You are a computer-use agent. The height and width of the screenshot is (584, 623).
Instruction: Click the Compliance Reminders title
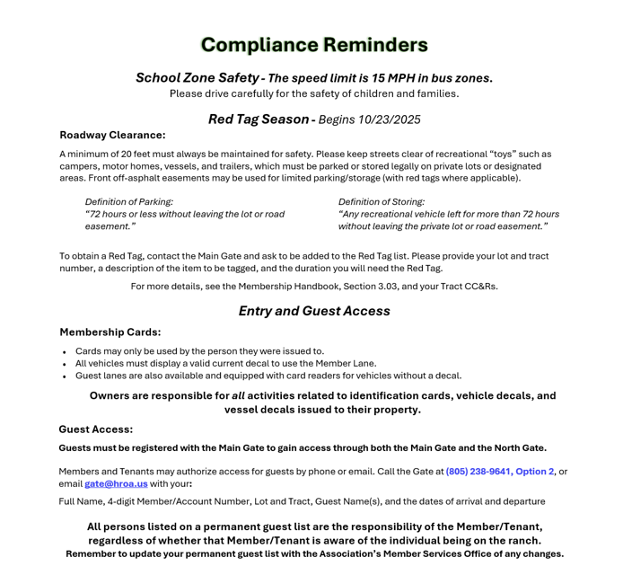tap(314, 45)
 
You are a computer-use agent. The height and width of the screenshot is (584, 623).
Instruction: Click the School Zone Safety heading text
tap(197, 78)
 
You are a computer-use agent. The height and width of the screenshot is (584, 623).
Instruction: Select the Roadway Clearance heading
tap(112, 135)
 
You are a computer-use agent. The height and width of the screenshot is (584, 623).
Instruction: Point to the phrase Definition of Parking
tap(129, 202)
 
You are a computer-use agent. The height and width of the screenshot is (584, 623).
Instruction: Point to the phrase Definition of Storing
tap(382, 202)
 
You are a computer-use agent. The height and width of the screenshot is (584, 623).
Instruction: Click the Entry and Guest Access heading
tap(314, 311)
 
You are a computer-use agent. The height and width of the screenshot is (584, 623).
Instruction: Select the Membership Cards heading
tap(110, 332)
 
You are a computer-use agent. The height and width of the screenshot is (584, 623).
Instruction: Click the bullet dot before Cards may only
tap(65, 352)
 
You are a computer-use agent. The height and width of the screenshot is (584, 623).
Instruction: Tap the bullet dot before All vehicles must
tap(65, 365)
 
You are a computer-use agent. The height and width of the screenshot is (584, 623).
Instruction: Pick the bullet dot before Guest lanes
tap(65, 377)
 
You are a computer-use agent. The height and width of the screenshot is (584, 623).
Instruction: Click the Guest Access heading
tap(96, 429)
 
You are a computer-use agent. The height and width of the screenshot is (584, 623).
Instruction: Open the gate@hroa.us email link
tap(116, 484)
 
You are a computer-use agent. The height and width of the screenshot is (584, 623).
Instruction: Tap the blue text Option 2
tap(535, 472)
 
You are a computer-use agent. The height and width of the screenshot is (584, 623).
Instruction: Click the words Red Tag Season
tap(259, 119)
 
